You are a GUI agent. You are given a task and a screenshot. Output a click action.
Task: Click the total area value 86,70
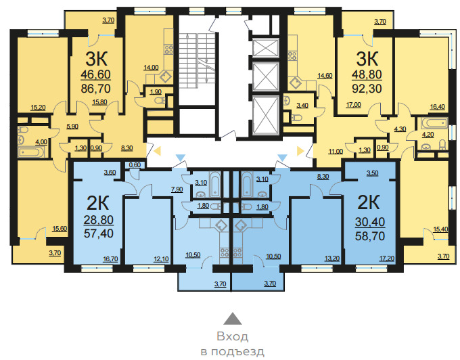(x=95, y=89)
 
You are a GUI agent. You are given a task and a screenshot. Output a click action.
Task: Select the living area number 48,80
(x=367, y=74)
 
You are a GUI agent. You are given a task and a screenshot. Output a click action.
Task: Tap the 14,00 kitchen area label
(x=151, y=68)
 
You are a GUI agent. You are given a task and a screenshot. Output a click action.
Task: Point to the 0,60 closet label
(x=135, y=165)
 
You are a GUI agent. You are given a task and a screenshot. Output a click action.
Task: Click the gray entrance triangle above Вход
(x=233, y=318)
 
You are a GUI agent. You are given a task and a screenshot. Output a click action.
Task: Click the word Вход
(x=232, y=336)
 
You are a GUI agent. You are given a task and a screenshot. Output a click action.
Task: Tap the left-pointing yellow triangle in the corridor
(x=157, y=151)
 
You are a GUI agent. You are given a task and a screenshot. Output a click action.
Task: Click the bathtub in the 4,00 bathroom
(x=31, y=152)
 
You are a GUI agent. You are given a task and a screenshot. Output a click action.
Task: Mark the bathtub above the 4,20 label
(x=434, y=123)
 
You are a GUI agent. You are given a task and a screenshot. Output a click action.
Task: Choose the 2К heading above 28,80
(x=97, y=203)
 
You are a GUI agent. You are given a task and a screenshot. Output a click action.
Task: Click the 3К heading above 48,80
(x=367, y=59)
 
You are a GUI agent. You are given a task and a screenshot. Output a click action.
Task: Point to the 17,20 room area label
(x=387, y=258)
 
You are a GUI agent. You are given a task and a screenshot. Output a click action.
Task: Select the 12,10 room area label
(x=162, y=259)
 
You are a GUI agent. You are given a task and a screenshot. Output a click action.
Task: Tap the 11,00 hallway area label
(x=336, y=152)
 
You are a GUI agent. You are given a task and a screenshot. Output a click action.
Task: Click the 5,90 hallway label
(x=72, y=127)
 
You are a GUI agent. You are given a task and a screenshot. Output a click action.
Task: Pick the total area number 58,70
(x=370, y=236)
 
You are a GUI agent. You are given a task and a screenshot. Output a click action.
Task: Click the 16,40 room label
(x=438, y=107)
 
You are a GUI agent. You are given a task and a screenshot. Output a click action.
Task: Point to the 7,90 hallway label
(x=177, y=189)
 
